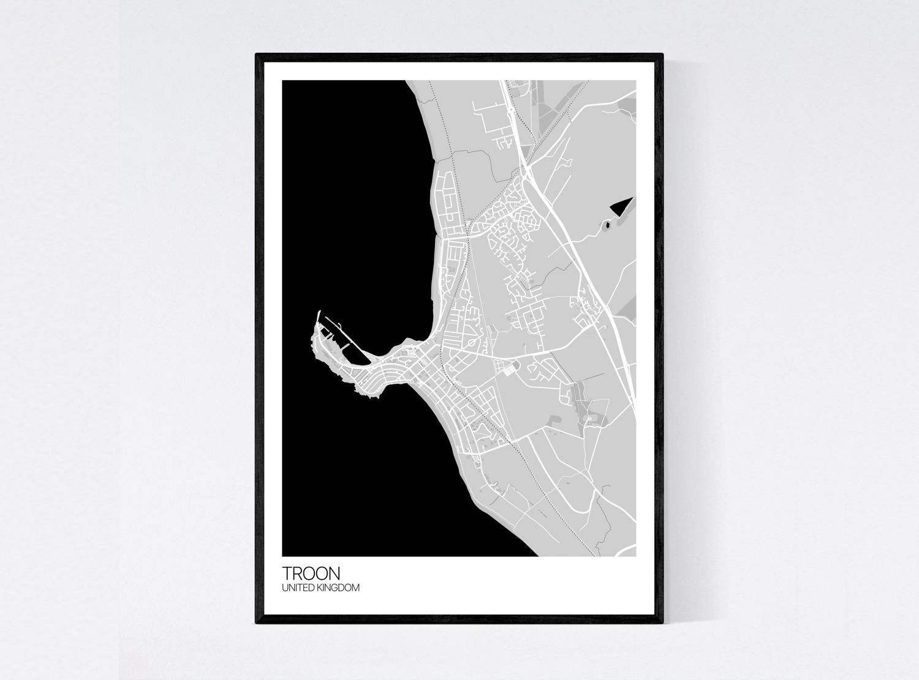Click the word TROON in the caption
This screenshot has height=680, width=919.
click(311, 573)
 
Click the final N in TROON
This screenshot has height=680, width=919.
click(333, 573)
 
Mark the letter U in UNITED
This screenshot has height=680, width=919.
click(284, 588)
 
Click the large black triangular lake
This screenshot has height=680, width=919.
click(620, 206)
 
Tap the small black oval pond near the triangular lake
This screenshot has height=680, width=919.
click(607, 225)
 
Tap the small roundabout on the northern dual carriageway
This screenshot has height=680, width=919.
click(510, 110)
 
